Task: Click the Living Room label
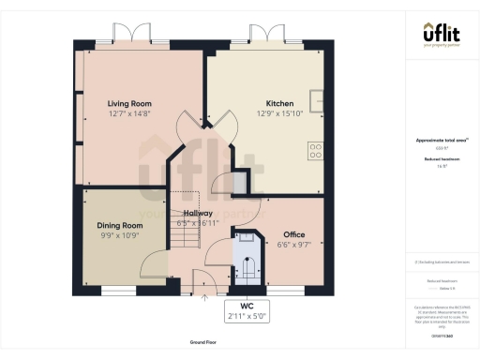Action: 129,103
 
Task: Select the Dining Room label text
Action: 120,226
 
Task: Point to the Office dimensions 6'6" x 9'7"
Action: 294,244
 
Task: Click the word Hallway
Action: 198,214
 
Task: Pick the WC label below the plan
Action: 247,307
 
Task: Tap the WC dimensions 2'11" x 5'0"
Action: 247,317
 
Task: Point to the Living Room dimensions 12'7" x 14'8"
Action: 129,113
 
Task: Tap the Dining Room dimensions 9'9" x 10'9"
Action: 120,236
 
